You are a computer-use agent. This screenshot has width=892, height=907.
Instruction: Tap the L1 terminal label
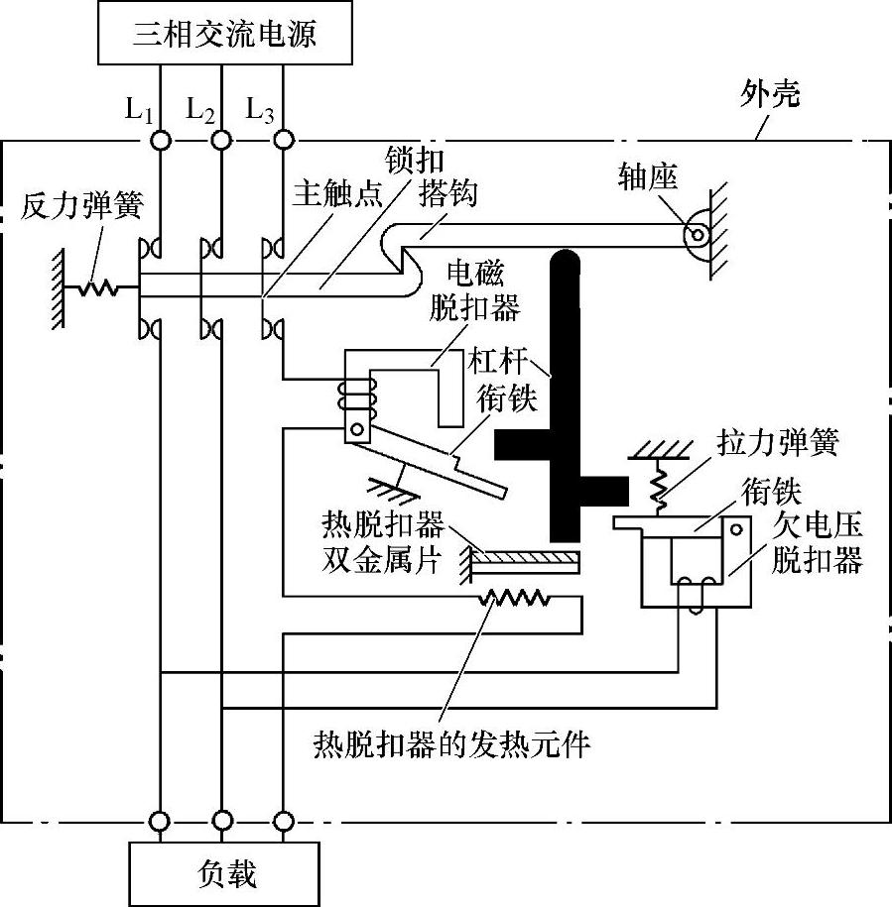point(139,110)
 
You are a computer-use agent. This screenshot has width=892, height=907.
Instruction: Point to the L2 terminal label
point(200,110)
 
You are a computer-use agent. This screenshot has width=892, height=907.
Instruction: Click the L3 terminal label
point(261,110)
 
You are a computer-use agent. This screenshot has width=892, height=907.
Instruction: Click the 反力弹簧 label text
point(82,207)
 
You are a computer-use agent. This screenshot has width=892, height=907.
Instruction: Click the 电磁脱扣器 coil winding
point(351,396)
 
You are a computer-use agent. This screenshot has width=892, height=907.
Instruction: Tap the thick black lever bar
point(567,397)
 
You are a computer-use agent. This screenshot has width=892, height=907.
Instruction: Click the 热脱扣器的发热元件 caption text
point(451,743)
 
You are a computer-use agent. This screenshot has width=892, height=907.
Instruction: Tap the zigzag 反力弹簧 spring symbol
point(98,288)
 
